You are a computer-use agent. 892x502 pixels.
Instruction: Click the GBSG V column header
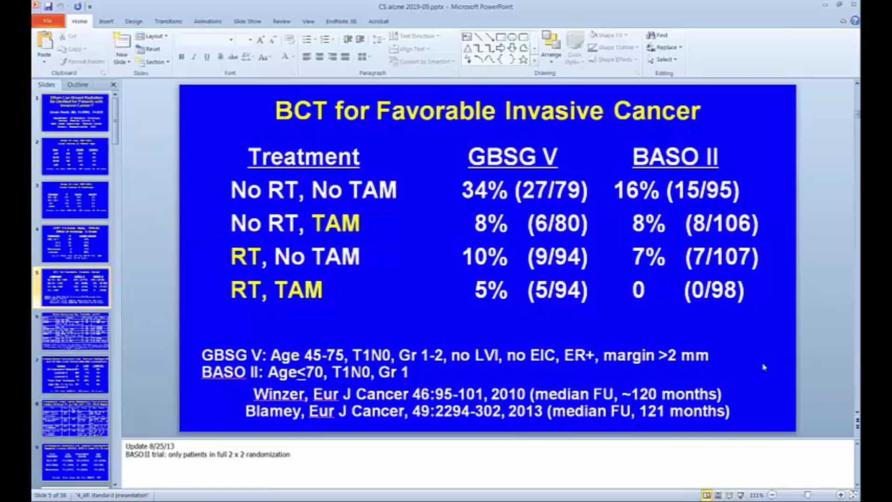(x=512, y=157)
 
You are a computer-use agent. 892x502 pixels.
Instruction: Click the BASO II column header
(x=675, y=157)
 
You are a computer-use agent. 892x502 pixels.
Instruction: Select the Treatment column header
(x=303, y=157)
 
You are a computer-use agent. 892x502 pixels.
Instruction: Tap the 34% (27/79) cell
(x=525, y=190)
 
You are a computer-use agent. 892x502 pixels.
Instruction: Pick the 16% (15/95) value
(x=676, y=190)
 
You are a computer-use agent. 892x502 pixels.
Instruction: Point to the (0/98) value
(x=714, y=290)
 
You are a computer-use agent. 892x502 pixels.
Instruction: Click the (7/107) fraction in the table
(x=721, y=257)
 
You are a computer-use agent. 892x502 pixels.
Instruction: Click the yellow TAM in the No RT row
(x=335, y=224)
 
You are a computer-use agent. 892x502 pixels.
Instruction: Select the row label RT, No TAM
(x=295, y=257)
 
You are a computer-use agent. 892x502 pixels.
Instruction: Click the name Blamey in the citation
(x=273, y=411)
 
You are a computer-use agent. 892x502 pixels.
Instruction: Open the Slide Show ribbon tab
(x=247, y=21)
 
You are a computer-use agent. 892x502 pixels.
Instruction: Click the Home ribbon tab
(x=79, y=21)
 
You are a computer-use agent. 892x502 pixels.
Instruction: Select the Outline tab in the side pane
(x=78, y=85)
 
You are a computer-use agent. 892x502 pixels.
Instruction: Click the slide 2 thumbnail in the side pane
(x=75, y=157)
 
